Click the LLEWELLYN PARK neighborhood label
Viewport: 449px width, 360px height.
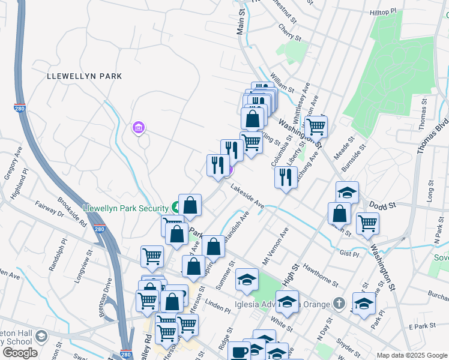85,76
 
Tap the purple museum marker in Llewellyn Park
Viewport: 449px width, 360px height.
139,128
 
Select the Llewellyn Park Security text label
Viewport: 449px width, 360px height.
126,206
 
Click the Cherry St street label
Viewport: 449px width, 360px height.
289,32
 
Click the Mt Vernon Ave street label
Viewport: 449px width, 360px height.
276,246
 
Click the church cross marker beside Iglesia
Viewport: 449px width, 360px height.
339,303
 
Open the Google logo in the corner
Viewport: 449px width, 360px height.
19,353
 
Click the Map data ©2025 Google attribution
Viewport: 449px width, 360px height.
411,355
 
